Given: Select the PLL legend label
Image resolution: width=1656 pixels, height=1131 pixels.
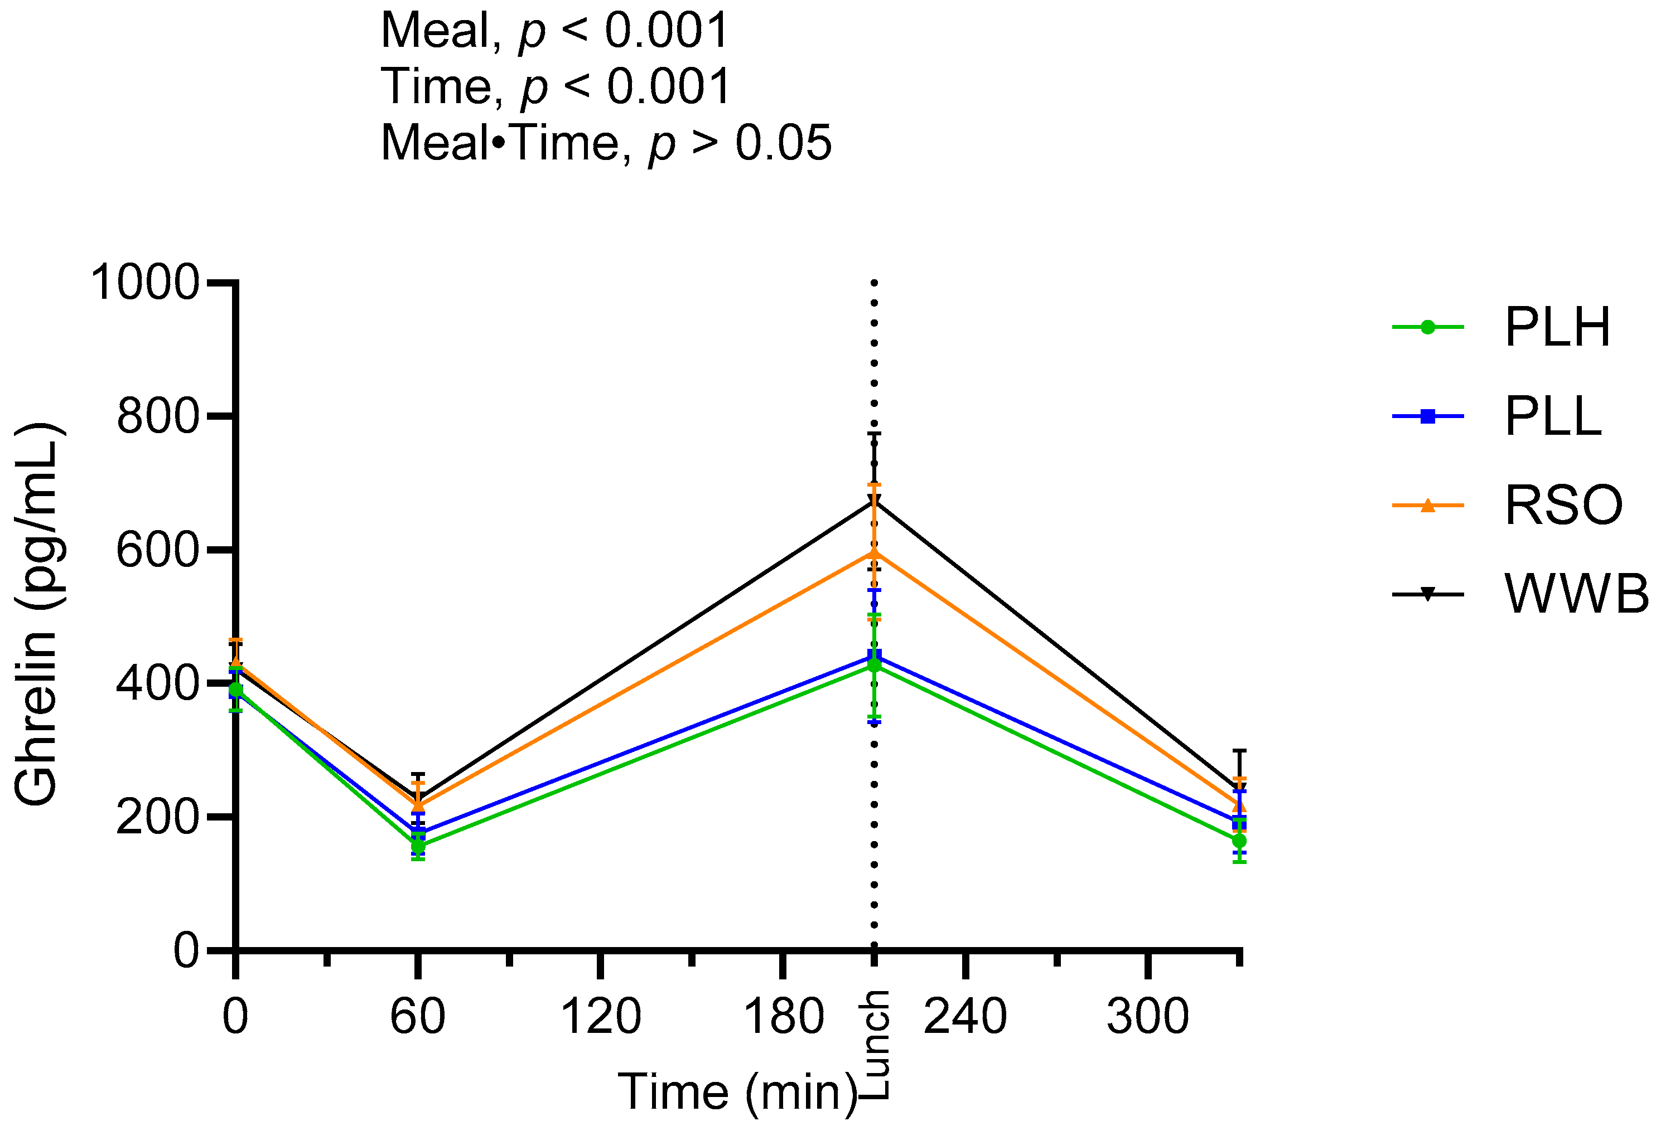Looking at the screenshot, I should (x=1553, y=416).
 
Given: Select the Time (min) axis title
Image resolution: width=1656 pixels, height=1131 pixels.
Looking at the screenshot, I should (x=737, y=1092).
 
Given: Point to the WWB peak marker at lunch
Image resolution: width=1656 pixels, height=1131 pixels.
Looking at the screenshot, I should (x=875, y=501).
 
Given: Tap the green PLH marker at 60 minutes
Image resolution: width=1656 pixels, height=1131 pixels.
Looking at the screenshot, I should (x=418, y=846).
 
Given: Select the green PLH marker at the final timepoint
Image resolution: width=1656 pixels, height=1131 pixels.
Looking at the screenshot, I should (x=1239, y=841).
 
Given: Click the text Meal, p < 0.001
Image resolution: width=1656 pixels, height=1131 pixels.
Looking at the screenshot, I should (x=554, y=31).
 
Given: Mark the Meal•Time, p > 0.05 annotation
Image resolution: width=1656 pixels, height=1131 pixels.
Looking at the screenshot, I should (x=606, y=143).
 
